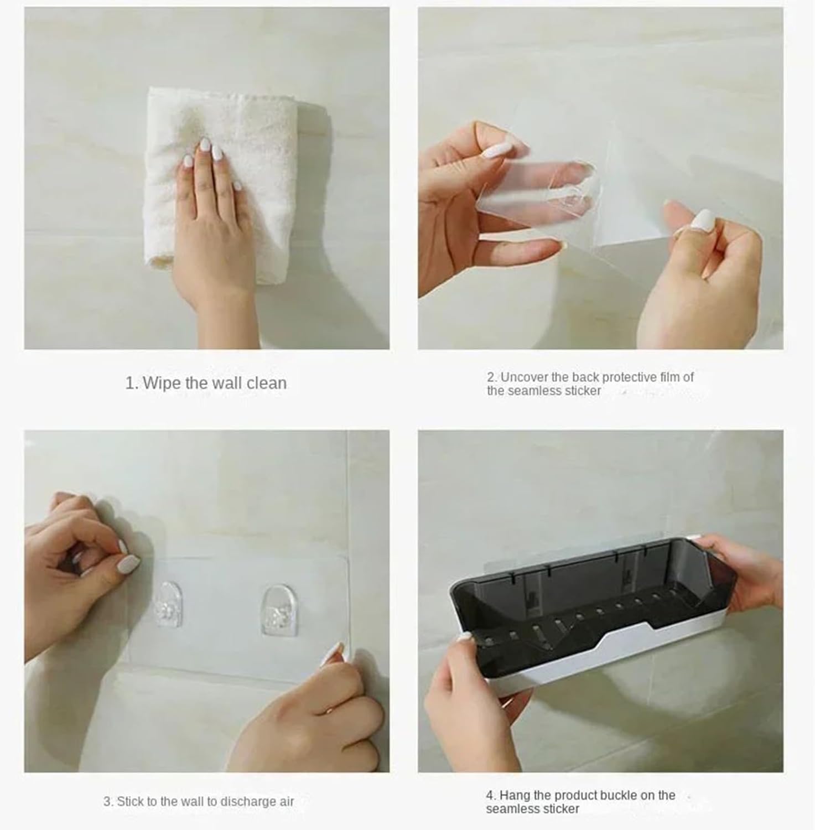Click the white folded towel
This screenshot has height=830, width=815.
pyautogui.click(x=221, y=183)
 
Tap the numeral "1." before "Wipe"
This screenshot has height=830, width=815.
pyautogui.click(x=132, y=383)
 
